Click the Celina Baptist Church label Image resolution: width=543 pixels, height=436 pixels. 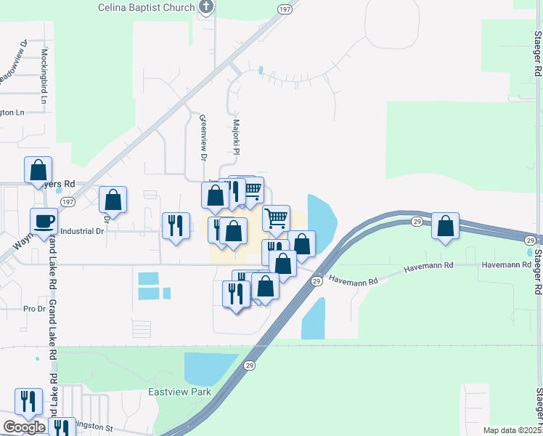pyautogui.click(x=147, y=7)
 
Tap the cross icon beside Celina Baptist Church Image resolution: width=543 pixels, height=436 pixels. pyautogui.click(x=207, y=7)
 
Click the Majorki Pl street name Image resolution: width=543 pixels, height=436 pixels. pyautogui.click(x=237, y=137)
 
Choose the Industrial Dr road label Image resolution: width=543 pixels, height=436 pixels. pyautogui.click(x=83, y=231)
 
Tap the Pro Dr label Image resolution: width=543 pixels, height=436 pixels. pyautogui.click(x=34, y=309)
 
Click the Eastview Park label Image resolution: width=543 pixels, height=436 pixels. pyautogui.click(x=179, y=392)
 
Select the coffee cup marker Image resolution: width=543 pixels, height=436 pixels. pyautogui.click(x=44, y=221)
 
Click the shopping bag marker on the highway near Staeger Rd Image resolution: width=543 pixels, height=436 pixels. pyautogui.click(x=445, y=225)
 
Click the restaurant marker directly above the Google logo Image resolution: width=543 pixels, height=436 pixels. pyautogui.click(x=28, y=401)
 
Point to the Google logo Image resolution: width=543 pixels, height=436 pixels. pyautogui.click(x=24, y=427)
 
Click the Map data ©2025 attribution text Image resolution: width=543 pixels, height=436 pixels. pyautogui.click(x=512, y=430)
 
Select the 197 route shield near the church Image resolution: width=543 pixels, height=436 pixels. pyautogui.click(x=284, y=8)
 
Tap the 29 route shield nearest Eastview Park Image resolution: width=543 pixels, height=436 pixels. pyautogui.click(x=250, y=365)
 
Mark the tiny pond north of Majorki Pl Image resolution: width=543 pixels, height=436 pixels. pyautogui.click(x=260, y=70)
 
